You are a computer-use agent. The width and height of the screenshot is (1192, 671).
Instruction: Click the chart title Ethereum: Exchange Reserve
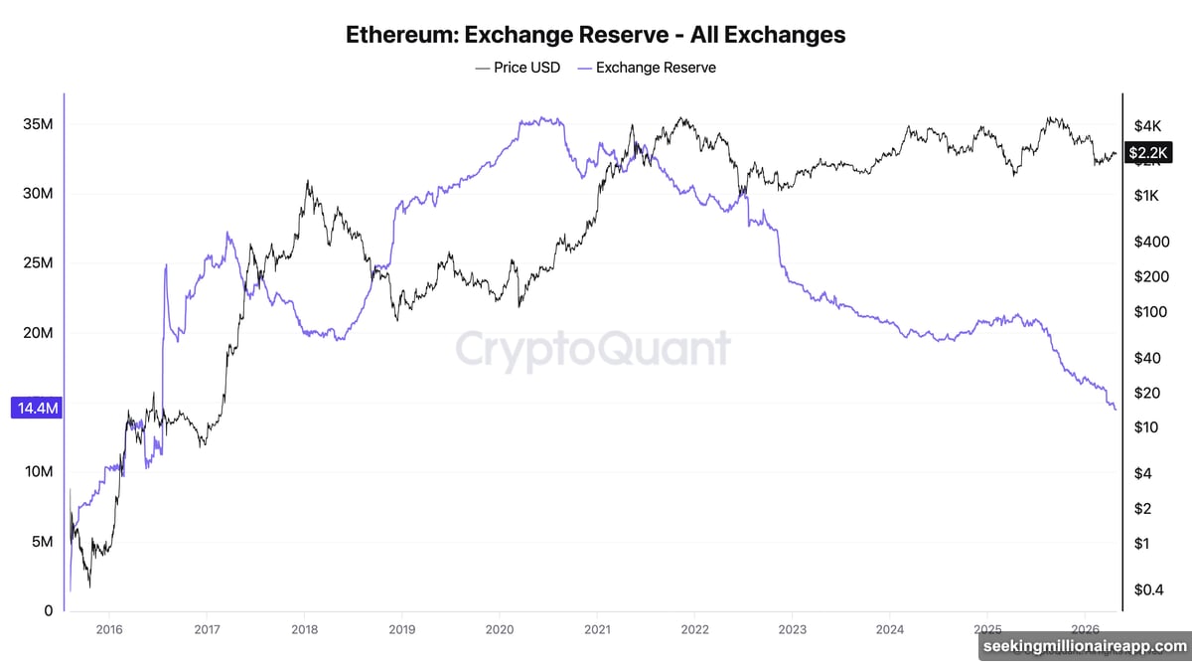[x=595, y=35]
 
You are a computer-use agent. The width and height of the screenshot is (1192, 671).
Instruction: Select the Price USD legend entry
[x=517, y=68]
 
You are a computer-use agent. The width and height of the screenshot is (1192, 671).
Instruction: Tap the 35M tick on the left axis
[x=38, y=124]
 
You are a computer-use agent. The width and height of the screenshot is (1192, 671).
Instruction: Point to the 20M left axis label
[x=38, y=333]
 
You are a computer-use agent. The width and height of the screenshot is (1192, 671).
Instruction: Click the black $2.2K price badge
[x=1149, y=152]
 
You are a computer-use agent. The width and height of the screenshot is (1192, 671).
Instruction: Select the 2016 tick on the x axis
[x=109, y=629]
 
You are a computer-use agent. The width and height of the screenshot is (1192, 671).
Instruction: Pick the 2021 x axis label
[x=597, y=629]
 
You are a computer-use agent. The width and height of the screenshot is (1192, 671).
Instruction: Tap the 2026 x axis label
[x=1085, y=629]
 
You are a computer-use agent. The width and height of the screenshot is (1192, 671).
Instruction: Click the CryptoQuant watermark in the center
[x=593, y=350]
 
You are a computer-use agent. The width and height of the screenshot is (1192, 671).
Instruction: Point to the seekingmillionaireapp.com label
[x=1084, y=646]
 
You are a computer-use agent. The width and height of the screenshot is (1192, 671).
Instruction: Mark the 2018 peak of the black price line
[x=307, y=182]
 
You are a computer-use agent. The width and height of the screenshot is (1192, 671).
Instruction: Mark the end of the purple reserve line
[x=1116, y=409]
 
